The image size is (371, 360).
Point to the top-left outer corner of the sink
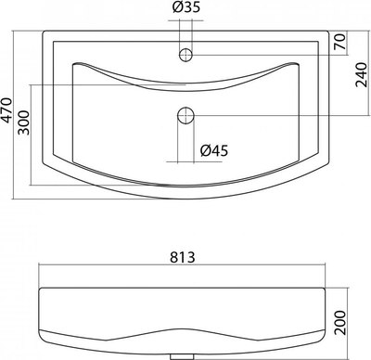tap(43, 29)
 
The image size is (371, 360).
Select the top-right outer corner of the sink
tap(328, 29)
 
